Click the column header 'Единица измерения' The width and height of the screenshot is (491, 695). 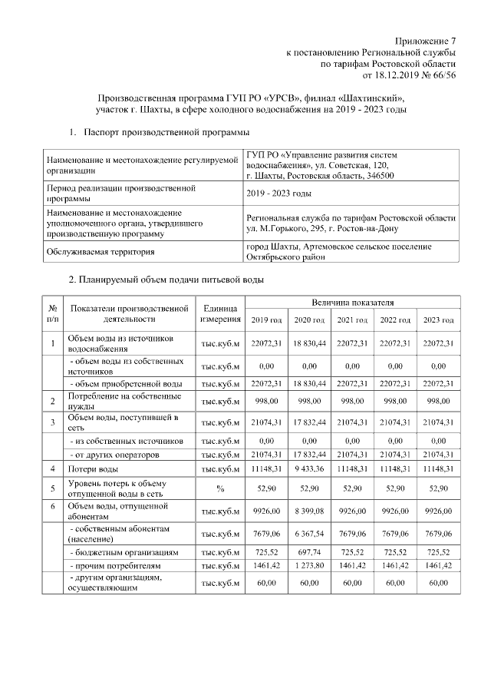point(220,313)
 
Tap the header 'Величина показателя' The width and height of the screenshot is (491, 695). point(353,303)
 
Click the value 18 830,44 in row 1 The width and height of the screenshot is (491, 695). point(310,343)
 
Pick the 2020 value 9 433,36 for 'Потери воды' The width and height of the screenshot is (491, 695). point(310,468)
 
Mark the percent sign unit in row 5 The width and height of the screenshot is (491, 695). point(220,488)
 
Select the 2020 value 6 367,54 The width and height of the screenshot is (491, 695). point(310,533)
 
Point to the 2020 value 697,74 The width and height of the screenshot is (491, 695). point(310,552)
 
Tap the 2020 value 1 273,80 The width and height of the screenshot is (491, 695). point(310,565)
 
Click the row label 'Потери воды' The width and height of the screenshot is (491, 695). point(93,468)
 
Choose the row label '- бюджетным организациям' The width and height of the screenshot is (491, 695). point(124,552)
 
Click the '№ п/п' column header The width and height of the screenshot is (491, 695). point(52,313)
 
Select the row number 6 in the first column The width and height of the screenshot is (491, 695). point(52,508)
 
